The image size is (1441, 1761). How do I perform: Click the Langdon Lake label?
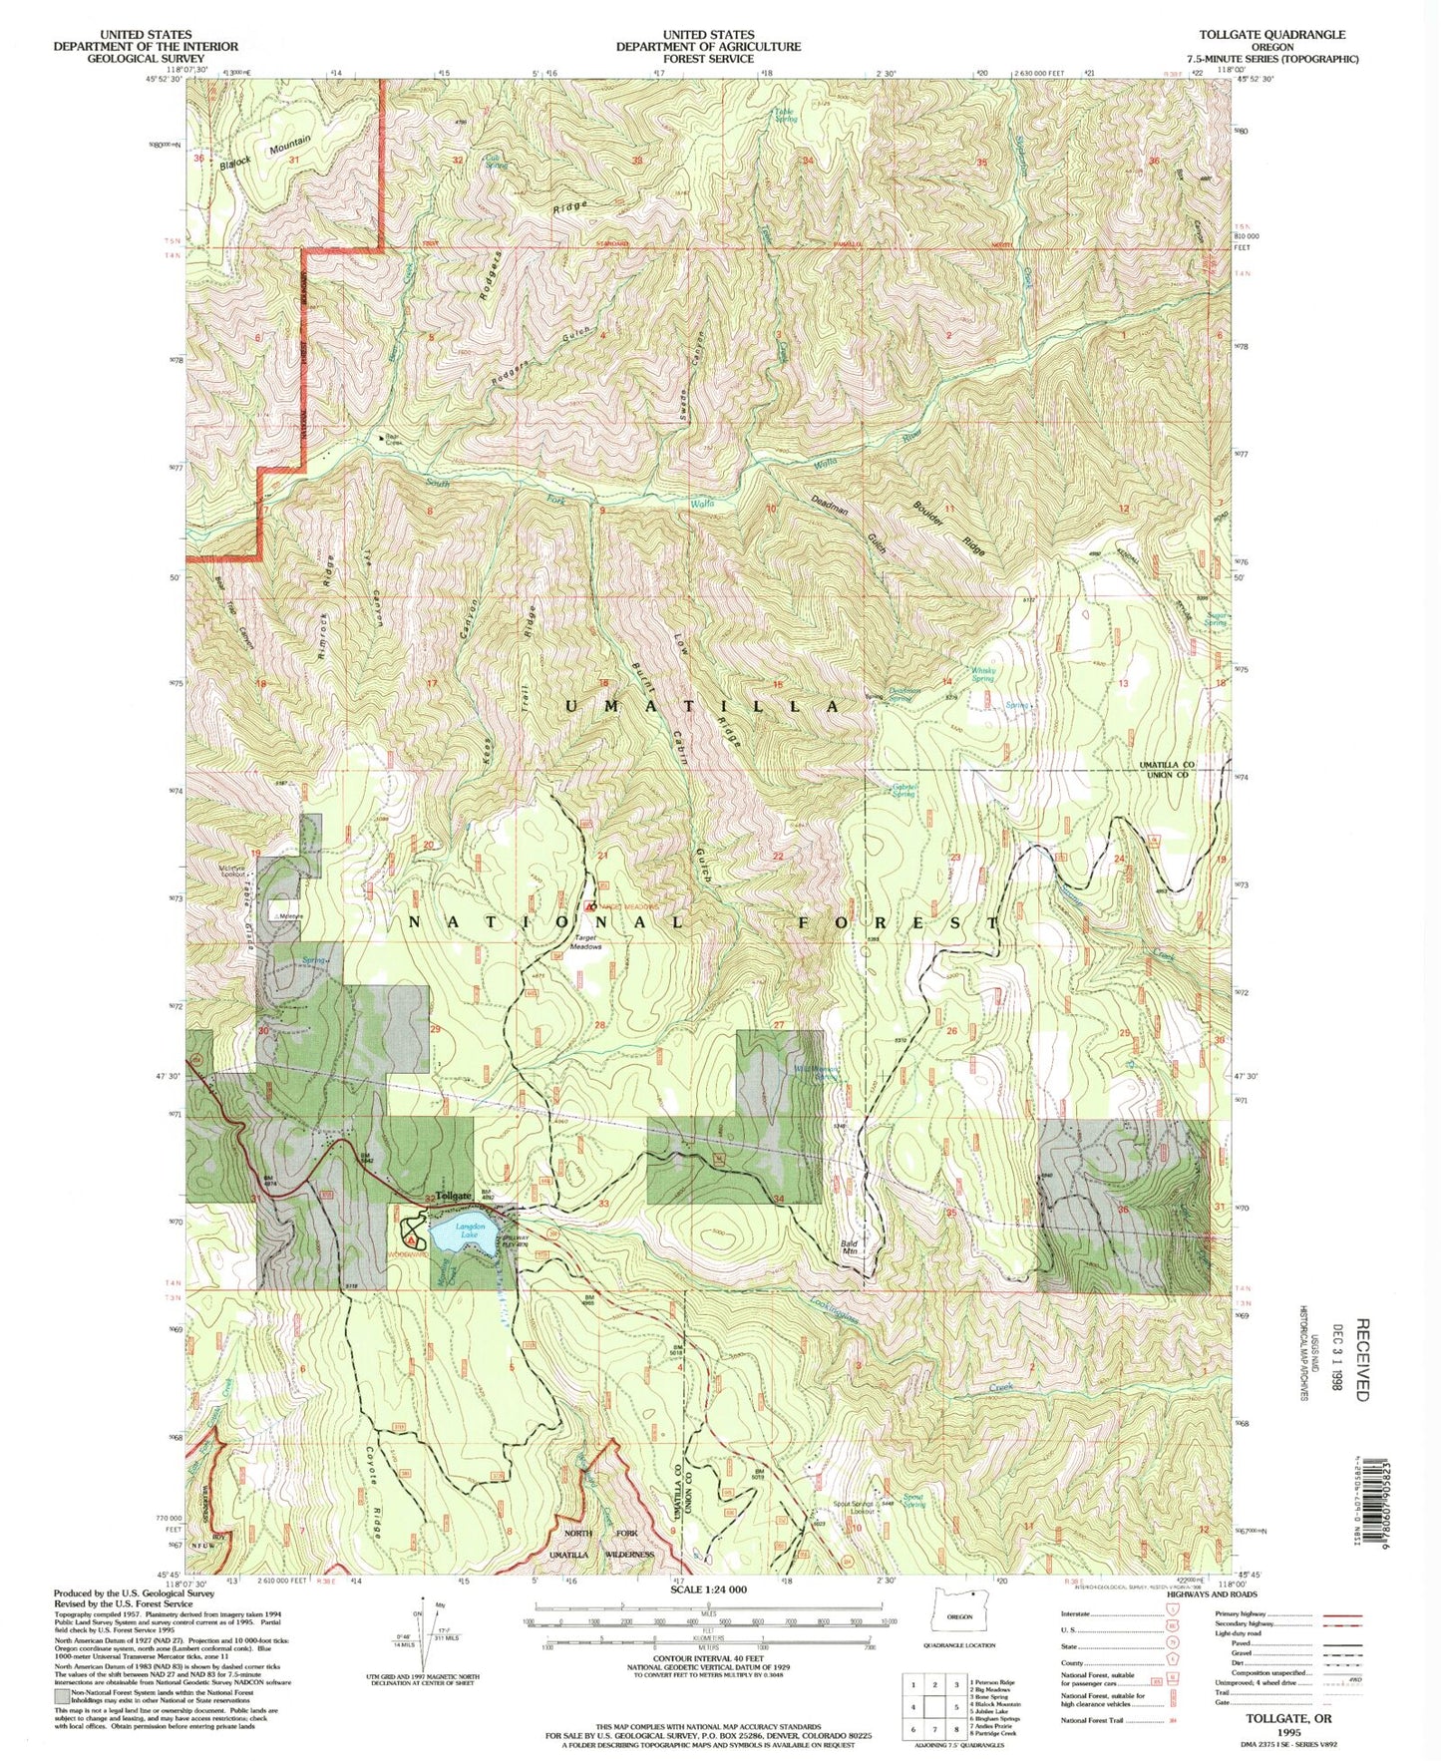click(x=470, y=1231)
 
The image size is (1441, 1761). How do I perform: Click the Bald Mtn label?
click(x=849, y=1247)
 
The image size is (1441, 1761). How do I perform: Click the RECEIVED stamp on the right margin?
click(x=1362, y=1358)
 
